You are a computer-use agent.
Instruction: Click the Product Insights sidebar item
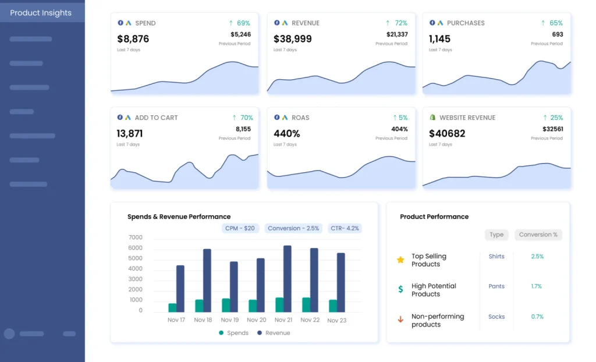tap(41, 13)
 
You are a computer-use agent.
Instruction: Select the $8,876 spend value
tap(133, 39)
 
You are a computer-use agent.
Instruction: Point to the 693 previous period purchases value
tap(557, 34)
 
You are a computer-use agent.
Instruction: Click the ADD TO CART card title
tap(156, 118)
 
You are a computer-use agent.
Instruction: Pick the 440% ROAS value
tap(287, 133)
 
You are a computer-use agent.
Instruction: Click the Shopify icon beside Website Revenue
tap(432, 118)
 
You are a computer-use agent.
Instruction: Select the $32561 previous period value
tap(552, 129)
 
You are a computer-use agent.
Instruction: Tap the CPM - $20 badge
tap(240, 229)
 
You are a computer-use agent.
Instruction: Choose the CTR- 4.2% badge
tap(345, 229)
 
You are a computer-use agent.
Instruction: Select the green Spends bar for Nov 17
tap(172, 307)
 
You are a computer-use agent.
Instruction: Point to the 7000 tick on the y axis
tap(135, 237)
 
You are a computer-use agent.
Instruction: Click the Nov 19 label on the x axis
tap(229, 320)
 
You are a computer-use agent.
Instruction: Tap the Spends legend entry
tap(233, 333)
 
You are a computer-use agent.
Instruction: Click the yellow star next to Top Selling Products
tap(400, 260)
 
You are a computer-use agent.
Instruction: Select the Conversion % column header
tap(538, 235)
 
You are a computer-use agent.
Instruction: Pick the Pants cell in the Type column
tap(496, 286)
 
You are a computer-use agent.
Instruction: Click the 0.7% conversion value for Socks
tap(537, 317)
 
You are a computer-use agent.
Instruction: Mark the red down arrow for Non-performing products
tap(400, 320)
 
